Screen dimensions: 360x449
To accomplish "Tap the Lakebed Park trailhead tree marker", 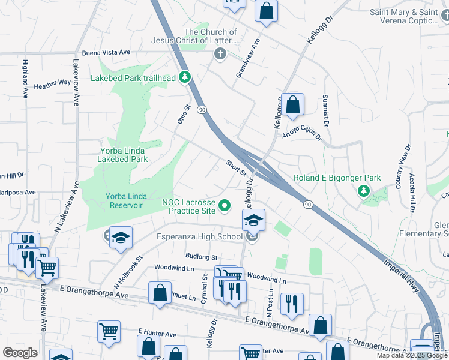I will tap(185, 77).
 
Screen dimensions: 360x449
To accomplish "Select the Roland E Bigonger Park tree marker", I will tap(363, 191).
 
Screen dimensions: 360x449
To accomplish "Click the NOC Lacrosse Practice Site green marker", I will tap(225, 206).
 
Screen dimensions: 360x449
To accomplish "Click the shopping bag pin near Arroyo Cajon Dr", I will tap(292, 104).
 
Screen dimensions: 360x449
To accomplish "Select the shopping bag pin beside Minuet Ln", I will tap(160, 293).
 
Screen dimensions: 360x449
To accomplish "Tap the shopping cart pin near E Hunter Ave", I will tap(109, 331).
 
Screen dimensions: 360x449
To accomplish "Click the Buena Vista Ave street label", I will tap(107, 53).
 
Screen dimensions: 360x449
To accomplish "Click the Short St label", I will tap(236, 167).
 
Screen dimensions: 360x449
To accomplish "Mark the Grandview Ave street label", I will tap(247, 59).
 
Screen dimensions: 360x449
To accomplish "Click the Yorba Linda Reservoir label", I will tap(124, 200).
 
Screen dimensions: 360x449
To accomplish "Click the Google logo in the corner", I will tap(20, 353).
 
